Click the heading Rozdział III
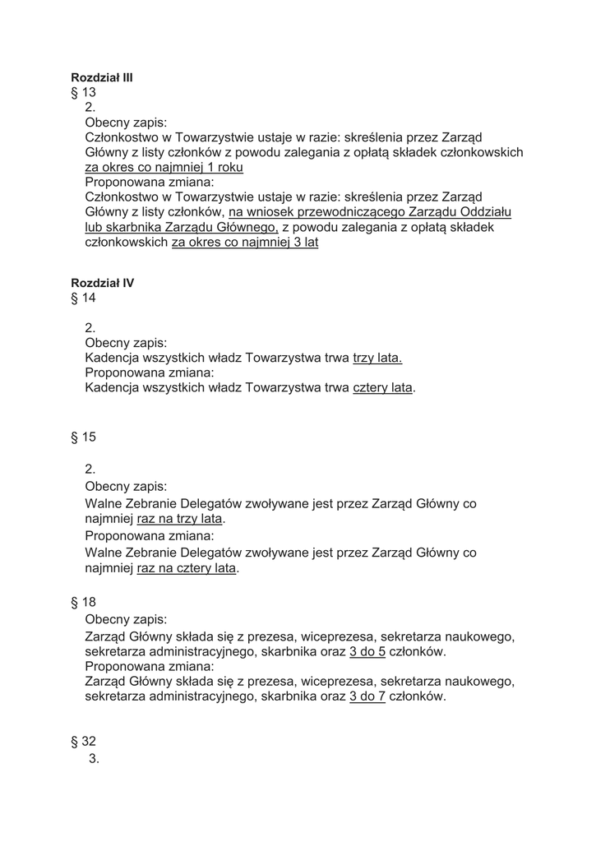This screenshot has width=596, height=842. [x=102, y=77]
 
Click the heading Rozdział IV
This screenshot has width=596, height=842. [x=103, y=283]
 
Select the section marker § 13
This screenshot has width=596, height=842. [x=84, y=93]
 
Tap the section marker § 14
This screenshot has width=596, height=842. [x=84, y=298]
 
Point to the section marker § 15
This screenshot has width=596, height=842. [x=84, y=437]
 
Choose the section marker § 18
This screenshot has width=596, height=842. [x=84, y=603]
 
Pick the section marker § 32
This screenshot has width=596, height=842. [x=84, y=742]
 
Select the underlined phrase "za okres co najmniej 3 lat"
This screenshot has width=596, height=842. [x=244, y=243]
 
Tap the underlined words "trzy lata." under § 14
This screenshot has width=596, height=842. [x=377, y=358]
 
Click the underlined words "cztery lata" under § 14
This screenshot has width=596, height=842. [x=383, y=387]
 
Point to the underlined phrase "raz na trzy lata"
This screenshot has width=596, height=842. [x=180, y=520]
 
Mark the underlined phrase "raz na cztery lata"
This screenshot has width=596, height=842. [x=187, y=568]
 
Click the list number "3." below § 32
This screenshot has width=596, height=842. [x=94, y=759]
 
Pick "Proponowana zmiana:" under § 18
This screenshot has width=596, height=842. [x=150, y=666]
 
